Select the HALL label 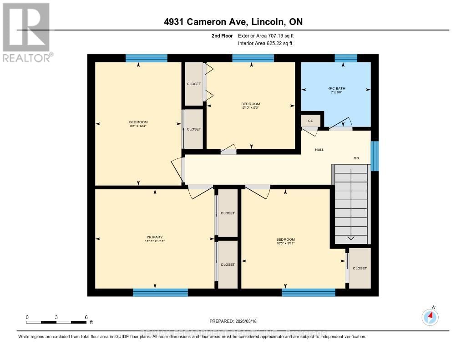coord(319,149)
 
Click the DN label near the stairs coord(357,158)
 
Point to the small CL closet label coord(310,121)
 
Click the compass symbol coord(430,317)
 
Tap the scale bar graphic coord(56,322)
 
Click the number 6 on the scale coord(86,317)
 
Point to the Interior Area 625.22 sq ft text coord(265,43)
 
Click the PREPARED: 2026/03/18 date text coord(233,321)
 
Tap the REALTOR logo coord(26,32)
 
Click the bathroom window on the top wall coord(346,58)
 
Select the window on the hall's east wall coord(375,156)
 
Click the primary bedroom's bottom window coord(160,292)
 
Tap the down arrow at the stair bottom coord(351,237)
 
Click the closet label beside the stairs coord(360,268)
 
